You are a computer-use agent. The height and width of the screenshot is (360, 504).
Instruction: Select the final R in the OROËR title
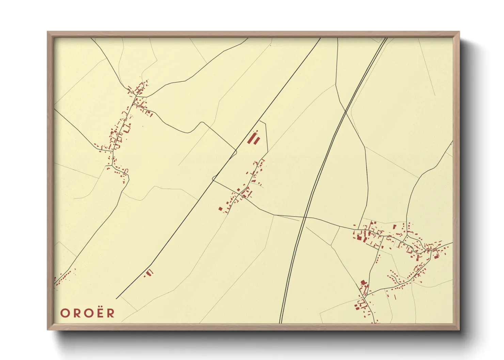tap(111, 313)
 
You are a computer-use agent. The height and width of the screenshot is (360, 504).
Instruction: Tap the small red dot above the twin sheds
tap(257, 131)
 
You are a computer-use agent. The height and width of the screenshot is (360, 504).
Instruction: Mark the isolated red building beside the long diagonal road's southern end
tap(149, 272)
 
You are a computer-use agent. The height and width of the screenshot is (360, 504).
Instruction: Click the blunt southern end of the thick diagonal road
tap(116, 298)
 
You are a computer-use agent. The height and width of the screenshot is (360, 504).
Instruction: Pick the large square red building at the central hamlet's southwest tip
tap(220, 209)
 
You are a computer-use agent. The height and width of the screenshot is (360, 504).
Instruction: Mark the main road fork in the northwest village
tap(135, 98)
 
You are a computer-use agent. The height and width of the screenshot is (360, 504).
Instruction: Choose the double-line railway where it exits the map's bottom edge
tap(281, 322)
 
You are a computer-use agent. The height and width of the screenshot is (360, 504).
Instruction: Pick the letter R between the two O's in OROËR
tap(76, 313)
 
